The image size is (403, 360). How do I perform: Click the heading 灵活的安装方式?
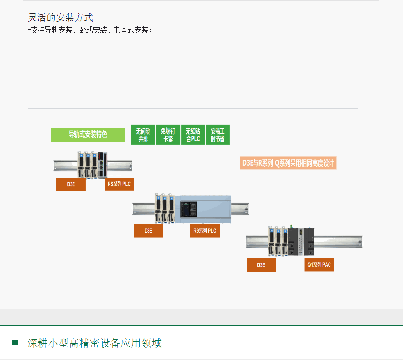pos(60,17)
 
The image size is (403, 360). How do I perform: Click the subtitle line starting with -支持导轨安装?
pos(89,30)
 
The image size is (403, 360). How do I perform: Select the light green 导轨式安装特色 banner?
pos(88,135)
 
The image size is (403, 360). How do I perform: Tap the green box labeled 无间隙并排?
pos(143,135)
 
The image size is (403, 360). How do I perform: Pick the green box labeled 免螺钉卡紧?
pos(168,135)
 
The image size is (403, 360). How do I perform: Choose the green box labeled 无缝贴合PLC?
pos(193,135)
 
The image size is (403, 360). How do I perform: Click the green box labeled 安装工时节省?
pos(218,135)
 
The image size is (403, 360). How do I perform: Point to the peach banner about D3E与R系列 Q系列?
pos(288,163)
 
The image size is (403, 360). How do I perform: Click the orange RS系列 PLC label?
pos(119,184)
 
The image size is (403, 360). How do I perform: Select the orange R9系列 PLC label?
pos(205,231)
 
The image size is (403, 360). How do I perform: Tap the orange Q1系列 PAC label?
pos(319,265)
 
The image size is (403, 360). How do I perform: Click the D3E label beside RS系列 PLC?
pos(71,184)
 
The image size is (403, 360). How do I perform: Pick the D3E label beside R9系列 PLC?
pos(148,231)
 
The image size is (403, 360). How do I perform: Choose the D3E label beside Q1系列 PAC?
pos(261,265)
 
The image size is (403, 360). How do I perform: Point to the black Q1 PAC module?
pos(301,242)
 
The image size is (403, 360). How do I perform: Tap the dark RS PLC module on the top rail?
pos(102,165)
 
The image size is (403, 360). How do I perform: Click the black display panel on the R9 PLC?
pos(188,209)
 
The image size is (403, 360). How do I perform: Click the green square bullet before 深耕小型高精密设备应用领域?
pos(15,343)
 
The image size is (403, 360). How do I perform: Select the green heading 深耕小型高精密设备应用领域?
pos(94,343)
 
